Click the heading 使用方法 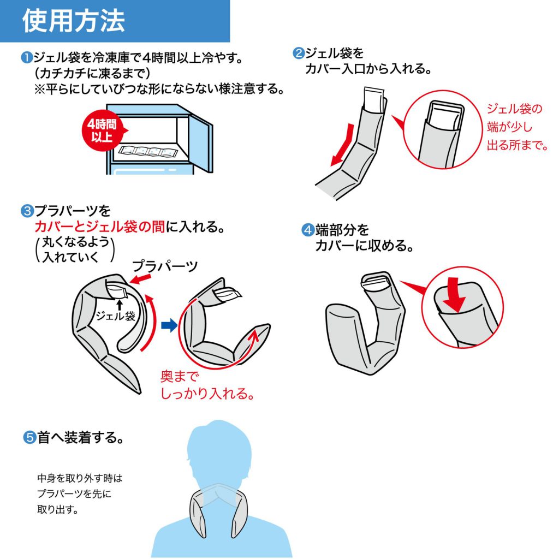74,21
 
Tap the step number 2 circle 299,53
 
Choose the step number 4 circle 308,230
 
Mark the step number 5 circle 29,437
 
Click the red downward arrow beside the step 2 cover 344,144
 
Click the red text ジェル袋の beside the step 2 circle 514,109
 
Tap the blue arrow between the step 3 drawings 169,325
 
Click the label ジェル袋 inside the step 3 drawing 115,316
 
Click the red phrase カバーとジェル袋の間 100,227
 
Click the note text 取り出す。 58,510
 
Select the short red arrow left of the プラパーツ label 140,279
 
